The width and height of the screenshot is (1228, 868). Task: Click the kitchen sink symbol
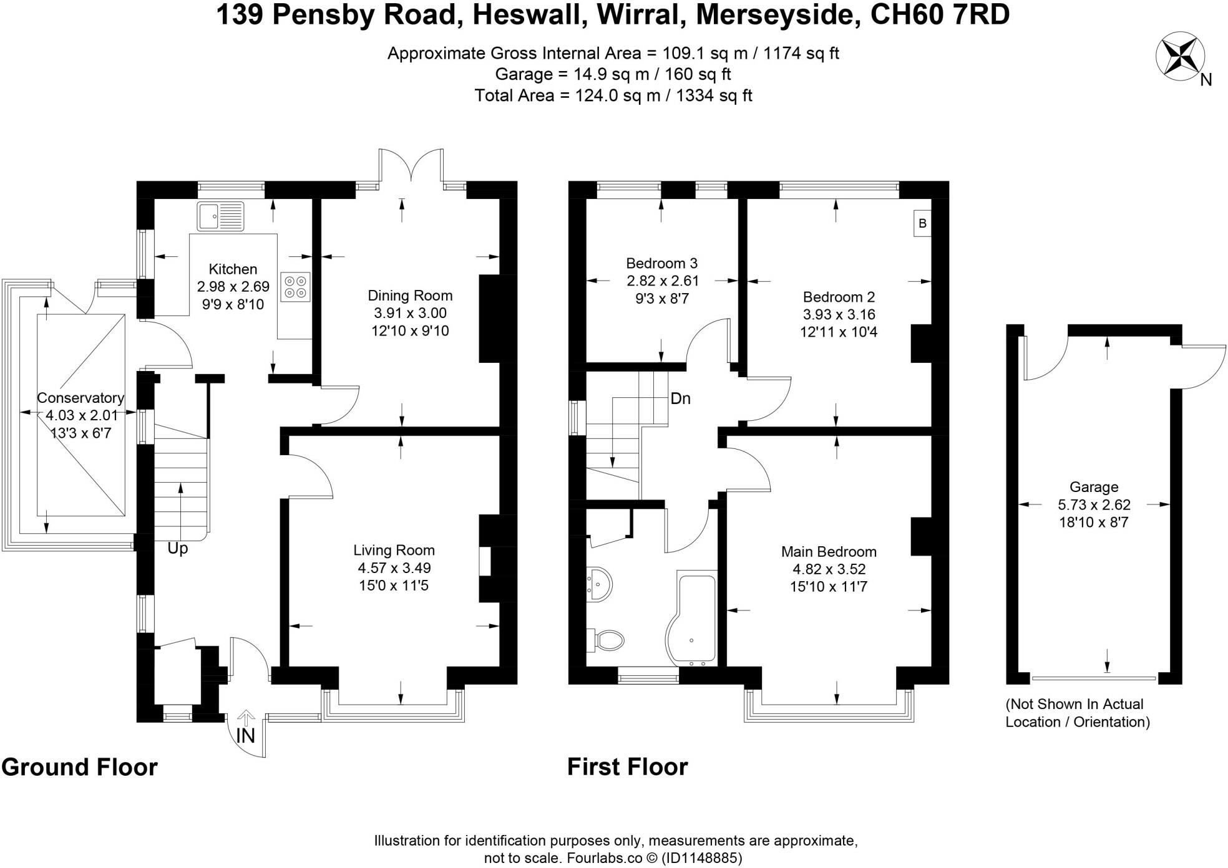(x=221, y=216)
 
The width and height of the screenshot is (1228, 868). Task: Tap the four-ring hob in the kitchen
(x=295, y=287)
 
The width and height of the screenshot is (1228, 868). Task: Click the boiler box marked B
(x=922, y=223)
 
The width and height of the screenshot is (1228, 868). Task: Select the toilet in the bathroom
(x=607, y=640)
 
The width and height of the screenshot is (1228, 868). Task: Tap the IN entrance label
(x=245, y=736)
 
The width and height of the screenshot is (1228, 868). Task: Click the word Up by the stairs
(x=178, y=549)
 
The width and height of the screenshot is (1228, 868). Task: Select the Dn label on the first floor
(x=680, y=398)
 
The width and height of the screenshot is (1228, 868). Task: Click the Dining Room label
(x=410, y=296)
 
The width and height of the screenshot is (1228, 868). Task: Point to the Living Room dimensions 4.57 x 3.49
(x=394, y=568)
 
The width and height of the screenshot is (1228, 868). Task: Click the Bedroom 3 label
(x=661, y=263)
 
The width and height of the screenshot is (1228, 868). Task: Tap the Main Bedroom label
(x=829, y=552)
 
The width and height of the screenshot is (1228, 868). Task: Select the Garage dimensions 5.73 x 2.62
(x=1094, y=505)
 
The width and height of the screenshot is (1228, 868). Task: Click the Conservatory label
(x=80, y=398)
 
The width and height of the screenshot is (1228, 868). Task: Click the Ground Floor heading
(x=80, y=767)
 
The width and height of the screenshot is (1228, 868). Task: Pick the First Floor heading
(x=627, y=767)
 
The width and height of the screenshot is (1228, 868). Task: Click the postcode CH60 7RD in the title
(x=940, y=15)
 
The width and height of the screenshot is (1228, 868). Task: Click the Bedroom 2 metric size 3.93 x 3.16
(x=839, y=314)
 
